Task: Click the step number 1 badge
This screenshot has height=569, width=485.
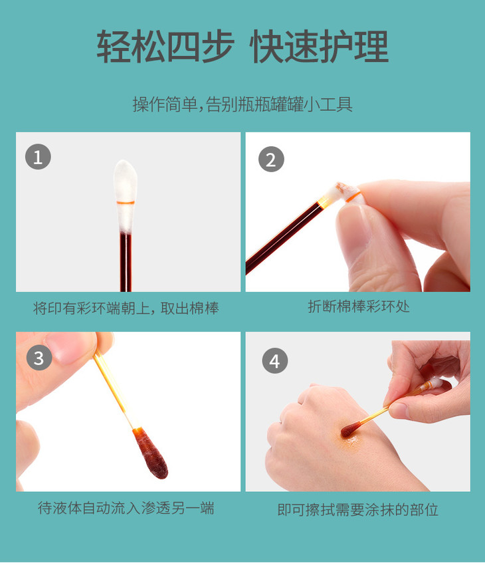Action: [x=38, y=157]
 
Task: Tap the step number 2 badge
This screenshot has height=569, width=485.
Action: [x=271, y=160]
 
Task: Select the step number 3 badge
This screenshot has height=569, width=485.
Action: [x=39, y=358]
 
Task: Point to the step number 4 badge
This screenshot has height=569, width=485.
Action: [x=274, y=361]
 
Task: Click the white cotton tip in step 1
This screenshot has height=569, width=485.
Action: [x=125, y=196]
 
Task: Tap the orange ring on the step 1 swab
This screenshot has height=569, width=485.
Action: [x=126, y=202]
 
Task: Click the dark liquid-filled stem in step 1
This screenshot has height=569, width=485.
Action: [x=126, y=262]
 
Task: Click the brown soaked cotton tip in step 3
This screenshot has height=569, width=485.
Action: [x=151, y=453]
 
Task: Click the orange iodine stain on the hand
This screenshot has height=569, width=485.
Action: [x=349, y=440]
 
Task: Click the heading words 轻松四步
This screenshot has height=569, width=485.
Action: [x=165, y=47]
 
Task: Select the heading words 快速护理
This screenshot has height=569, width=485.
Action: [x=319, y=47]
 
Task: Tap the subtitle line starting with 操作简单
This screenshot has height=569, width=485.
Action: [x=242, y=104]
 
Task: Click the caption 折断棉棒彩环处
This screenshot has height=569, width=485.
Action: [x=358, y=306]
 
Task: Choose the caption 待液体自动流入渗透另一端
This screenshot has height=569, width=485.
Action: [x=126, y=508]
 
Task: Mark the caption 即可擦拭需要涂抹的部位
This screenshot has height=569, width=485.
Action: [x=357, y=509]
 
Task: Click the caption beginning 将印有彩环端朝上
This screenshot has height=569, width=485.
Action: [x=126, y=308]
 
